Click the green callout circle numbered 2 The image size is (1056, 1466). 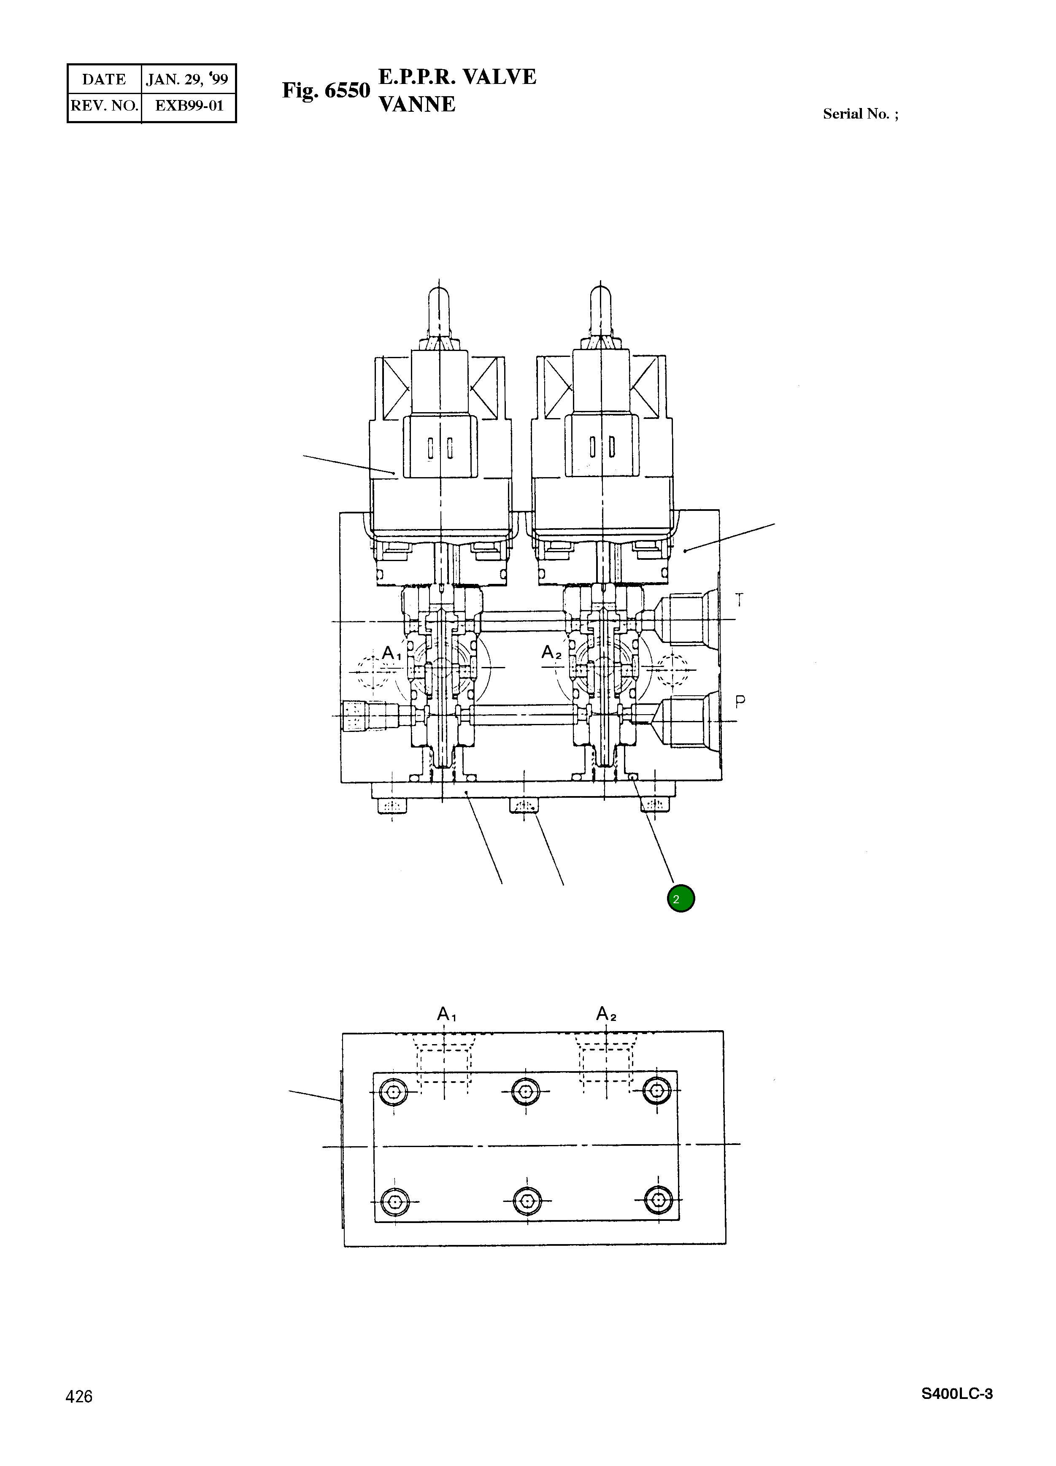(x=681, y=899)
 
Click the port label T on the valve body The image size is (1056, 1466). (x=739, y=600)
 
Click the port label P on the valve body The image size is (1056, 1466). (x=740, y=701)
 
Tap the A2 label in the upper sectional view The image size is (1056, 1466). (x=551, y=653)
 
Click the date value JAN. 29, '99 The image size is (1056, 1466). (x=187, y=79)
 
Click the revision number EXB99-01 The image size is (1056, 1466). (x=189, y=106)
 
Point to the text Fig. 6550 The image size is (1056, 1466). (x=326, y=91)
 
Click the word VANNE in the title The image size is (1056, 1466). (x=417, y=105)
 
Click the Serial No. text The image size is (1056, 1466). (x=859, y=114)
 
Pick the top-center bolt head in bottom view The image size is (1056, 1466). (x=525, y=1092)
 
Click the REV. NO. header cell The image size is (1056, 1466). (x=105, y=106)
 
